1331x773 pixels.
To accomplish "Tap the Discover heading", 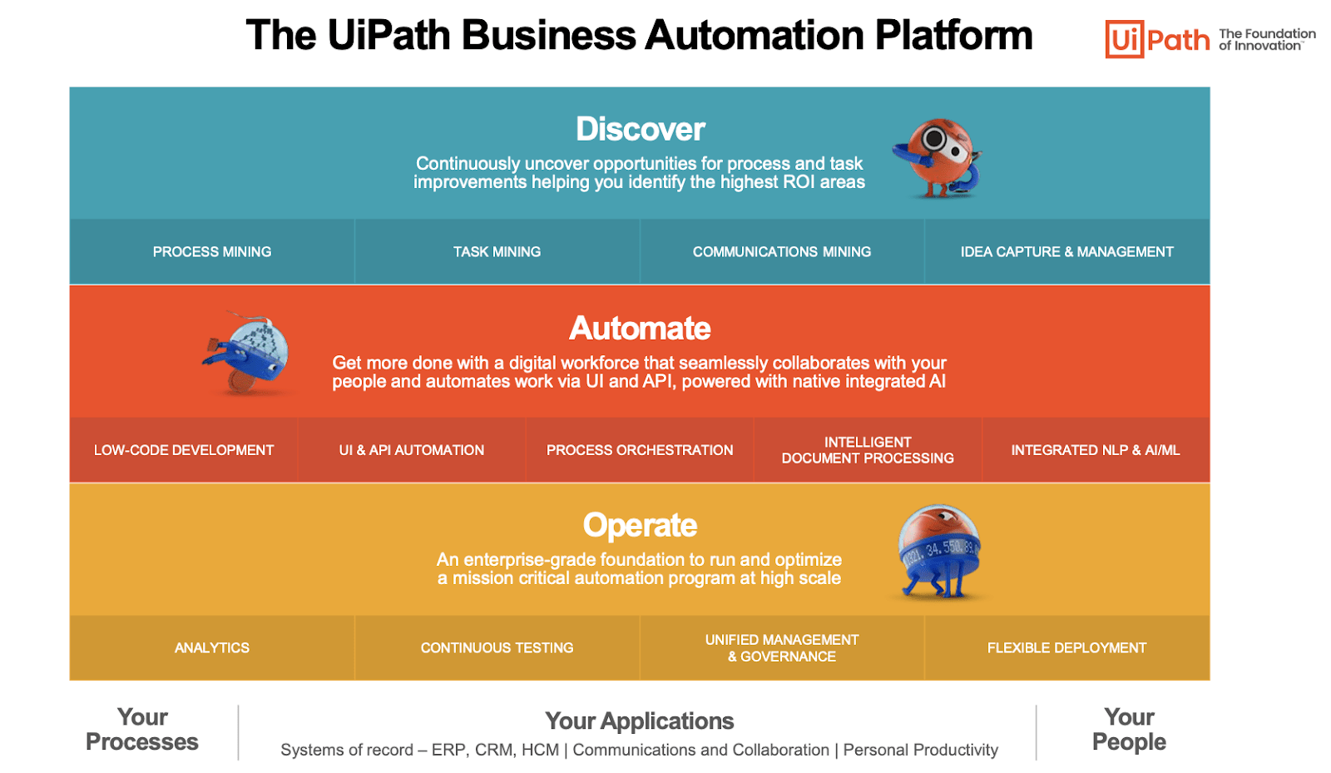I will click(x=640, y=129).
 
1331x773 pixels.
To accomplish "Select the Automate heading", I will click(x=640, y=328).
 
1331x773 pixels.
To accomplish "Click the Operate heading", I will click(x=640, y=525).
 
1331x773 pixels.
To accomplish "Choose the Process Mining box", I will click(x=212, y=251).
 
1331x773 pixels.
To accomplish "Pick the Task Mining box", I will click(x=497, y=251).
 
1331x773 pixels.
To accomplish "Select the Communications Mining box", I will click(x=782, y=251).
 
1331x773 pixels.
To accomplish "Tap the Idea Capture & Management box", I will click(x=1066, y=251).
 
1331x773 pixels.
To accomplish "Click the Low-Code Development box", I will click(x=184, y=450).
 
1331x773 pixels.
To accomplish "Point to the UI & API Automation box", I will click(x=412, y=450).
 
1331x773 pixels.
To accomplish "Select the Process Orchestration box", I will click(x=640, y=450).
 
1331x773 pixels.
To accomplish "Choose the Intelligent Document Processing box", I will click(x=868, y=450).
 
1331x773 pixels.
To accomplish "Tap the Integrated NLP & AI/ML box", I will click(x=1096, y=450).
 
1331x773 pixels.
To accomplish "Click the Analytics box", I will click(x=212, y=647).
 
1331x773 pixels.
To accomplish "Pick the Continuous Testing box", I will click(x=497, y=647).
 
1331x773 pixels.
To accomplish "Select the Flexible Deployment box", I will click(x=1066, y=647).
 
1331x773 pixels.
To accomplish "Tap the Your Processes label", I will click(x=142, y=730).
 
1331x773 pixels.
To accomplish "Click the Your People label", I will click(x=1129, y=730).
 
